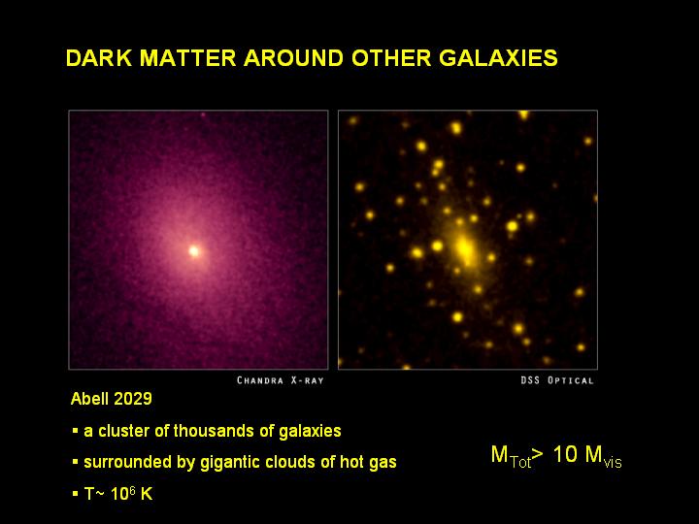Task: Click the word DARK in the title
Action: pyautogui.click(x=99, y=58)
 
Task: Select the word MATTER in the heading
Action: pyautogui.click(x=187, y=58)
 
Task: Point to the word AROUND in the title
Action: pyautogui.click(x=293, y=58)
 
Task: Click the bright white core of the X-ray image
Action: pyautogui.click(x=194, y=251)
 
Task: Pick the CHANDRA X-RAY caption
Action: pyautogui.click(x=280, y=380)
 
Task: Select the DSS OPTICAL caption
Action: pyautogui.click(x=557, y=380)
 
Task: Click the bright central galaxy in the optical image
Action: pyautogui.click(x=464, y=248)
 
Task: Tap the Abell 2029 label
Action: pyautogui.click(x=112, y=399)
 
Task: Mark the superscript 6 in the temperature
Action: pyautogui.click(x=132, y=490)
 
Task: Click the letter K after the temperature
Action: pyautogui.click(x=147, y=494)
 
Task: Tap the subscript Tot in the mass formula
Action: pyautogui.click(x=520, y=462)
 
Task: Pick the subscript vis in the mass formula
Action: pyautogui.click(x=613, y=463)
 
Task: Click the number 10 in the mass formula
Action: pyautogui.click(x=565, y=454)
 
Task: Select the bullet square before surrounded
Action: pyautogui.click(x=75, y=462)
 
